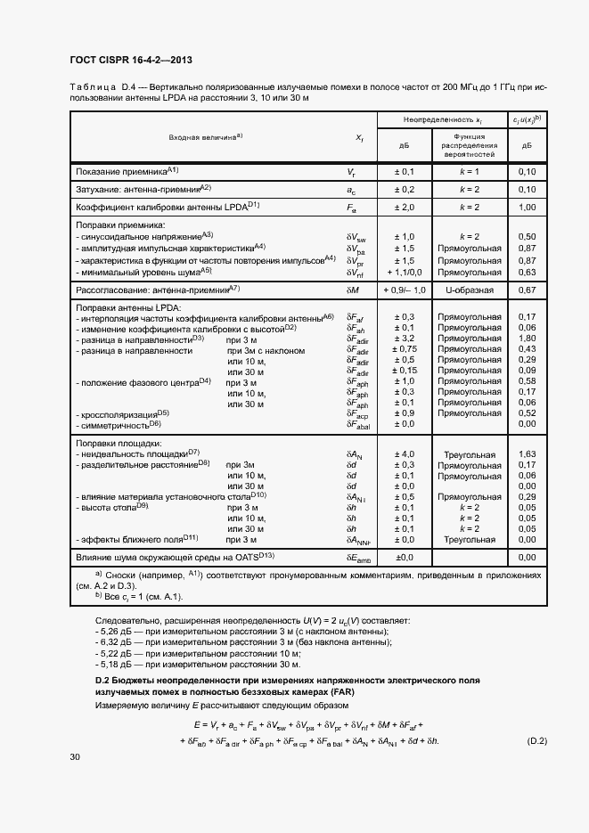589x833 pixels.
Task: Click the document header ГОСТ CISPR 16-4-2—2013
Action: (x=131, y=60)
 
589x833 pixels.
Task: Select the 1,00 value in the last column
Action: (x=526, y=207)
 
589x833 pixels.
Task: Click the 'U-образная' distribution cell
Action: (x=469, y=290)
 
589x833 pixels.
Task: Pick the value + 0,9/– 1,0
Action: (x=404, y=290)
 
